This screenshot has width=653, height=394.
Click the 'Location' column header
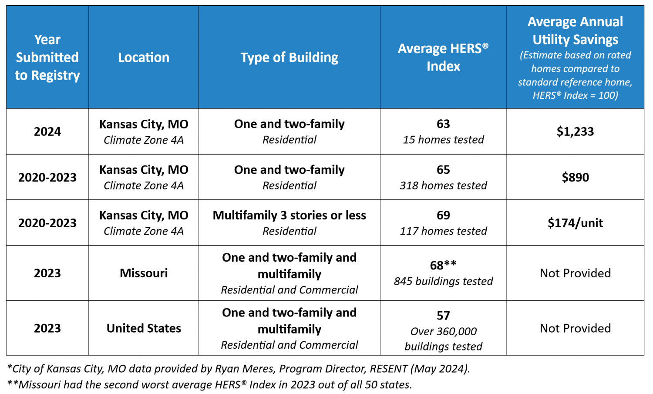click(144, 57)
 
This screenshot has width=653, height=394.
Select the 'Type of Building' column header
click(289, 57)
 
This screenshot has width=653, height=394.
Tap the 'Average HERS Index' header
click(443, 57)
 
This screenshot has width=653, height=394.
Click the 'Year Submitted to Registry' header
click(47, 57)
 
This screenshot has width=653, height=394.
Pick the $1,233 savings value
click(575, 131)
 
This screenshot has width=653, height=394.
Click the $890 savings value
click(575, 177)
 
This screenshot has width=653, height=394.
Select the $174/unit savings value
click(575, 223)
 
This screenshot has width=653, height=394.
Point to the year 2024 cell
click(47, 131)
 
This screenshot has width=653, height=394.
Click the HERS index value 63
click(443, 124)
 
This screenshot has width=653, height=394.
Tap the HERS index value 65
click(443, 170)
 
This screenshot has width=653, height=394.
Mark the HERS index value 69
click(443, 216)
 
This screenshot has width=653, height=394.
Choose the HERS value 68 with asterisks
click(443, 265)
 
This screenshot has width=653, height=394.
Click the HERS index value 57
click(443, 316)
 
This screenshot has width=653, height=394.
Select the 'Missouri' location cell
click(144, 273)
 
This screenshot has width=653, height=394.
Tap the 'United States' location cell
click(144, 328)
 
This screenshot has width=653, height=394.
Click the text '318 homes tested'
click(443, 185)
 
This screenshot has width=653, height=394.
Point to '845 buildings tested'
click(443, 281)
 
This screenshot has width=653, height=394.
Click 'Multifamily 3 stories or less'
click(289, 216)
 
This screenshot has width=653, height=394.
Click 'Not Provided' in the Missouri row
click(575, 273)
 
